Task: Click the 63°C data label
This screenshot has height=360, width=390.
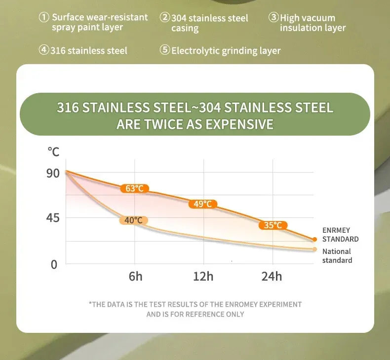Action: pos(134,188)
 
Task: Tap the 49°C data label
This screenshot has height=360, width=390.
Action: pos(202,204)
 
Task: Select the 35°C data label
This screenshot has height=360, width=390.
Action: pos(273,225)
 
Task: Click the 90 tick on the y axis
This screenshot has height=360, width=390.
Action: pos(53,173)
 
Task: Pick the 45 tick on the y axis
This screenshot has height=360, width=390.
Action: pos(53,218)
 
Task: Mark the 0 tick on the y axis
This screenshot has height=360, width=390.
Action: pos(54,265)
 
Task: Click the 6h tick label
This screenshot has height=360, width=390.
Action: pos(135,276)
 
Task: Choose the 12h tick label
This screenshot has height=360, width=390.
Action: pos(203,276)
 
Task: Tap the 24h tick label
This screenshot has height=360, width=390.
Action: pos(272,276)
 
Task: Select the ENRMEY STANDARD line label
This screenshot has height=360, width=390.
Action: pos(340,235)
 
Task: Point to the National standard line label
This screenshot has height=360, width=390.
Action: pos(337,256)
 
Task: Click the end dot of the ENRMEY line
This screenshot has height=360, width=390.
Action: pos(314,240)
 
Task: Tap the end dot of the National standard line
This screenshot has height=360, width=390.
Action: pos(314,249)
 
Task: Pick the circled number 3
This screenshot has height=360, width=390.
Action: pos(273,17)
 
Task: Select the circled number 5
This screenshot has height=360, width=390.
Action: pos(164,50)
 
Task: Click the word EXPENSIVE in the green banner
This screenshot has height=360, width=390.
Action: pos(239,124)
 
